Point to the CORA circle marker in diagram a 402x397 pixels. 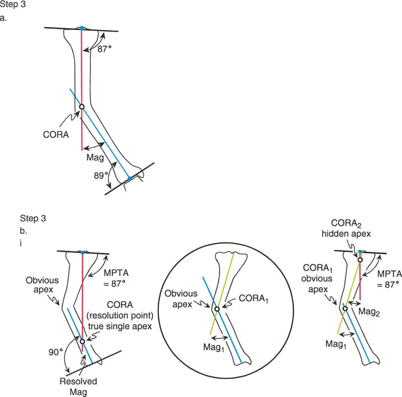[82, 107]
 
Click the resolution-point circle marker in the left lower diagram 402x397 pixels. [82, 341]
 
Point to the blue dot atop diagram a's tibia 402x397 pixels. [81, 28]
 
